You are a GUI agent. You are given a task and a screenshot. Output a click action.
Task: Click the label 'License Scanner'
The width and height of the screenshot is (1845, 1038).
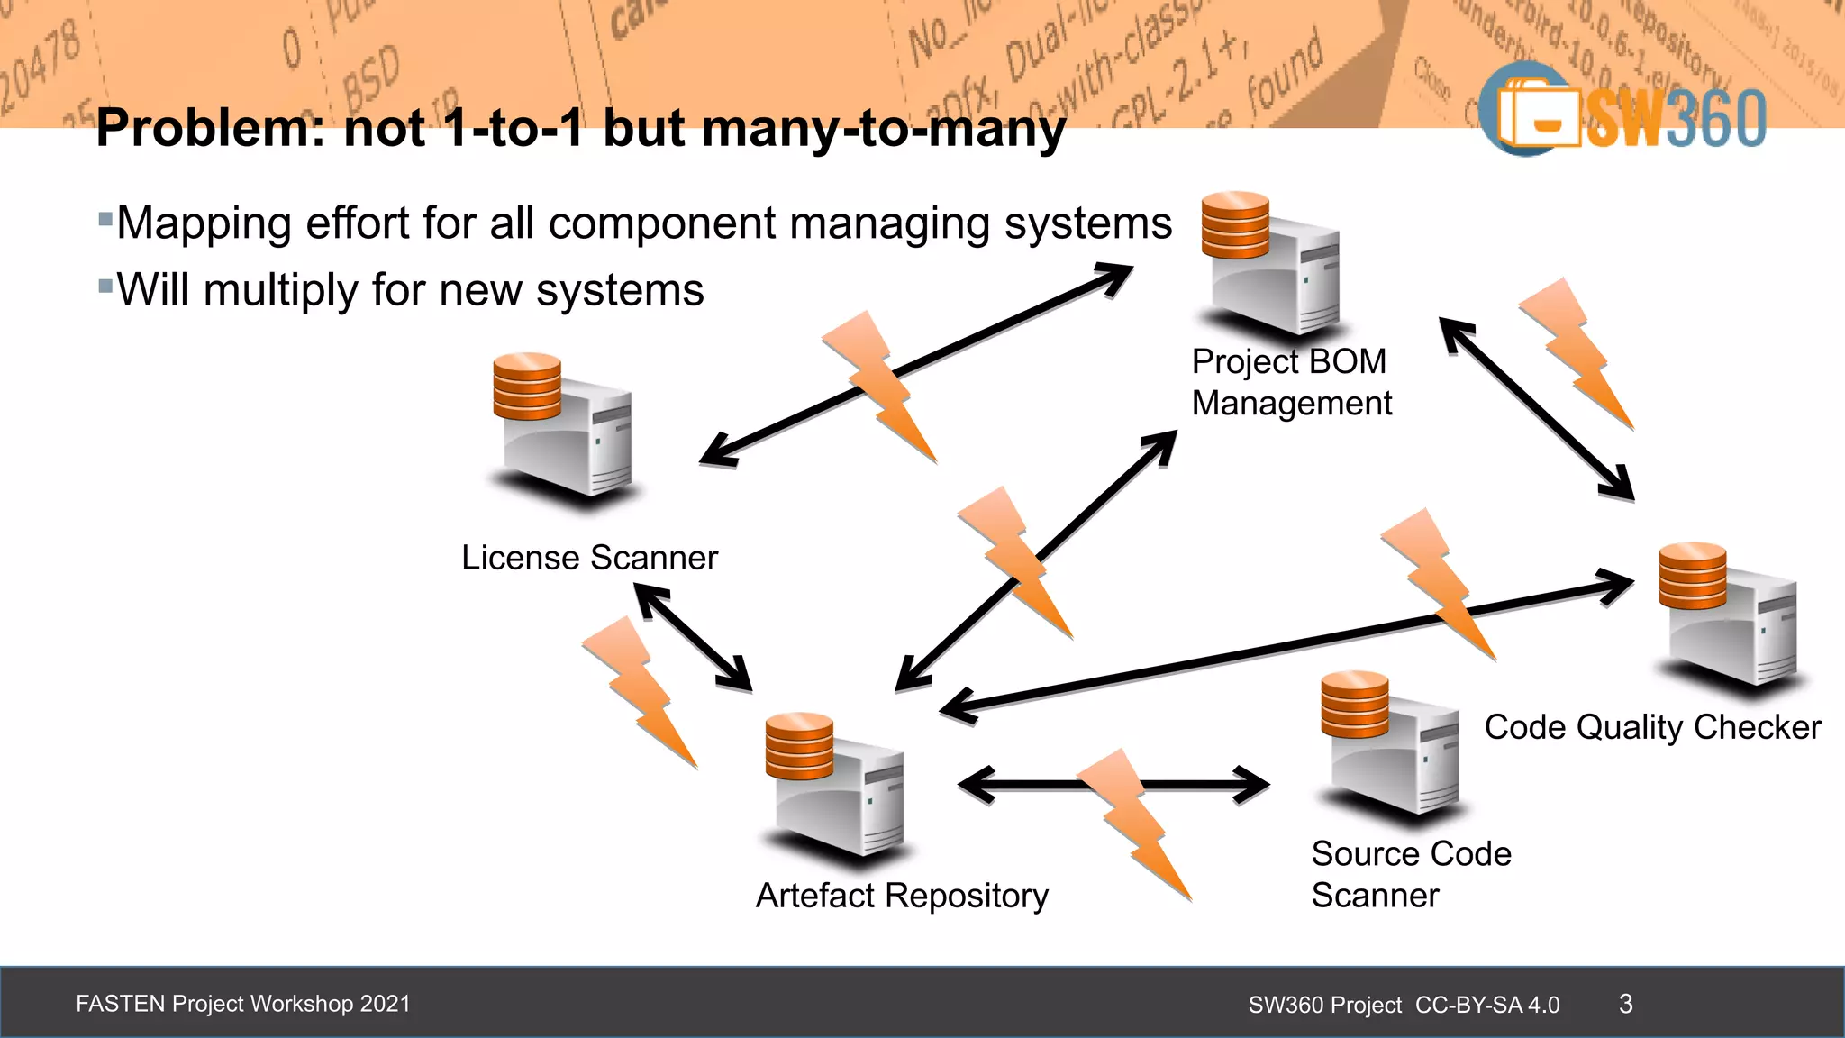pos(589,558)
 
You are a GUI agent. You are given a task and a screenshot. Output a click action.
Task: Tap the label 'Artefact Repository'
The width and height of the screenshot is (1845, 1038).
pos(902,896)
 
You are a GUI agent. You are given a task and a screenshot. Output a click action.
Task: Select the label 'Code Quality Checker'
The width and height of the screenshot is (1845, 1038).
pos(1652,727)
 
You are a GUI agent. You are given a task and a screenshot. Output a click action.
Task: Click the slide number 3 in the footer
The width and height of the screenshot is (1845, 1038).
pos(1625,1004)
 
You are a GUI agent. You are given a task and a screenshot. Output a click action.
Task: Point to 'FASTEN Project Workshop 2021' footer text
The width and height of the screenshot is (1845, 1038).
pos(243,1004)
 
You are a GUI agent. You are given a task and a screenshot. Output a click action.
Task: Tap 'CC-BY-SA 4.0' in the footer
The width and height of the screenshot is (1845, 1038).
pos(1487,1005)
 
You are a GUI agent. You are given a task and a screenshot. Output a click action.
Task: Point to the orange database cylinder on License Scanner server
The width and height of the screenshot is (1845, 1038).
pos(527,386)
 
